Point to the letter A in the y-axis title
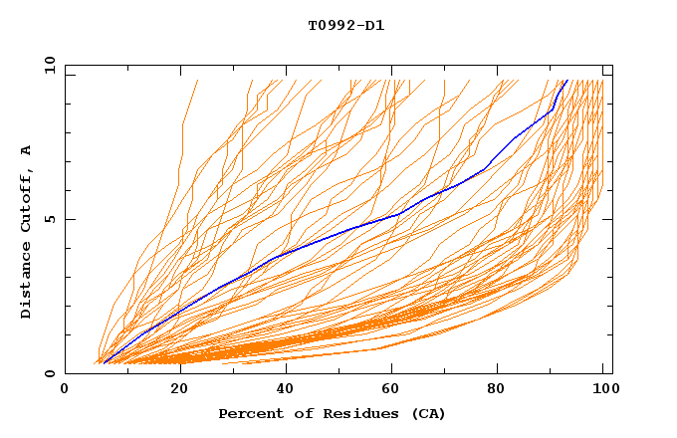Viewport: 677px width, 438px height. [26, 150]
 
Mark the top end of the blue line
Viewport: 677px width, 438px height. [566, 81]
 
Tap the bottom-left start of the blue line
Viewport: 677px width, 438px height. [104, 363]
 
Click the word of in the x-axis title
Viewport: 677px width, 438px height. [297, 413]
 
